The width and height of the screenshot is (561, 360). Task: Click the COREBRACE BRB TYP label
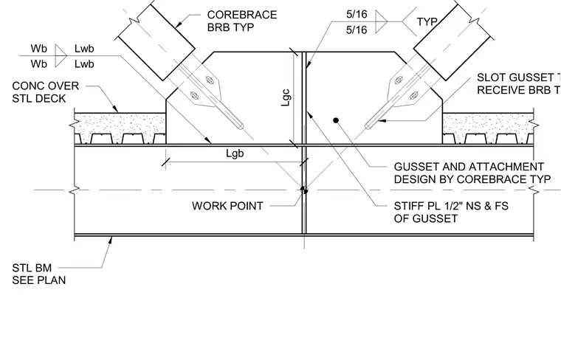pyautogui.click(x=242, y=21)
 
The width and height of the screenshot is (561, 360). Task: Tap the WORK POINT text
pyautogui.click(x=227, y=206)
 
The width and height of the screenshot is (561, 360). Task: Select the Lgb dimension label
pyautogui.click(x=235, y=153)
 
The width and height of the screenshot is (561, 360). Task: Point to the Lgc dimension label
pyautogui.click(x=286, y=97)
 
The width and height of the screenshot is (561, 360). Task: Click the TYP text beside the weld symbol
pyautogui.click(x=427, y=22)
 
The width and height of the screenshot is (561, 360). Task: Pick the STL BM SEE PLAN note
pyautogui.click(x=39, y=274)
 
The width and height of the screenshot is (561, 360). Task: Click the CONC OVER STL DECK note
pyautogui.click(x=46, y=92)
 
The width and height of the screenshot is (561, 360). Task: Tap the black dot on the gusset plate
pyautogui.click(x=336, y=120)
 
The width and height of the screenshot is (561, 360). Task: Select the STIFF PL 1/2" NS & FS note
pyautogui.click(x=451, y=212)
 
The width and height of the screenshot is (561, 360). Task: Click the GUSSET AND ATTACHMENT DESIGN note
pyautogui.click(x=472, y=173)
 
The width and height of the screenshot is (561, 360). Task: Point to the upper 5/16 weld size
pyautogui.click(x=357, y=14)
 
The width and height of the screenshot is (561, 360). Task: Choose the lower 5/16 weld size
pyautogui.click(x=357, y=30)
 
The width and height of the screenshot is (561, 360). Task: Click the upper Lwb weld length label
pyautogui.click(x=84, y=48)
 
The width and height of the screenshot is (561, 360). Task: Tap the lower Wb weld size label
pyautogui.click(x=38, y=64)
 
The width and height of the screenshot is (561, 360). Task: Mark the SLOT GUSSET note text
pyautogui.click(x=519, y=83)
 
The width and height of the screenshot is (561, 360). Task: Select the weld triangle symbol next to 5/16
pyautogui.click(x=380, y=22)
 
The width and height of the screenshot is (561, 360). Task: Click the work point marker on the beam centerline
pyautogui.click(x=304, y=190)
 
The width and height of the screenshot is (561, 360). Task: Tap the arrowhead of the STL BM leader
pyautogui.click(x=110, y=240)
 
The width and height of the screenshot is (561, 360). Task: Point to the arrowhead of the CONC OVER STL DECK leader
pyautogui.click(x=115, y=108)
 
